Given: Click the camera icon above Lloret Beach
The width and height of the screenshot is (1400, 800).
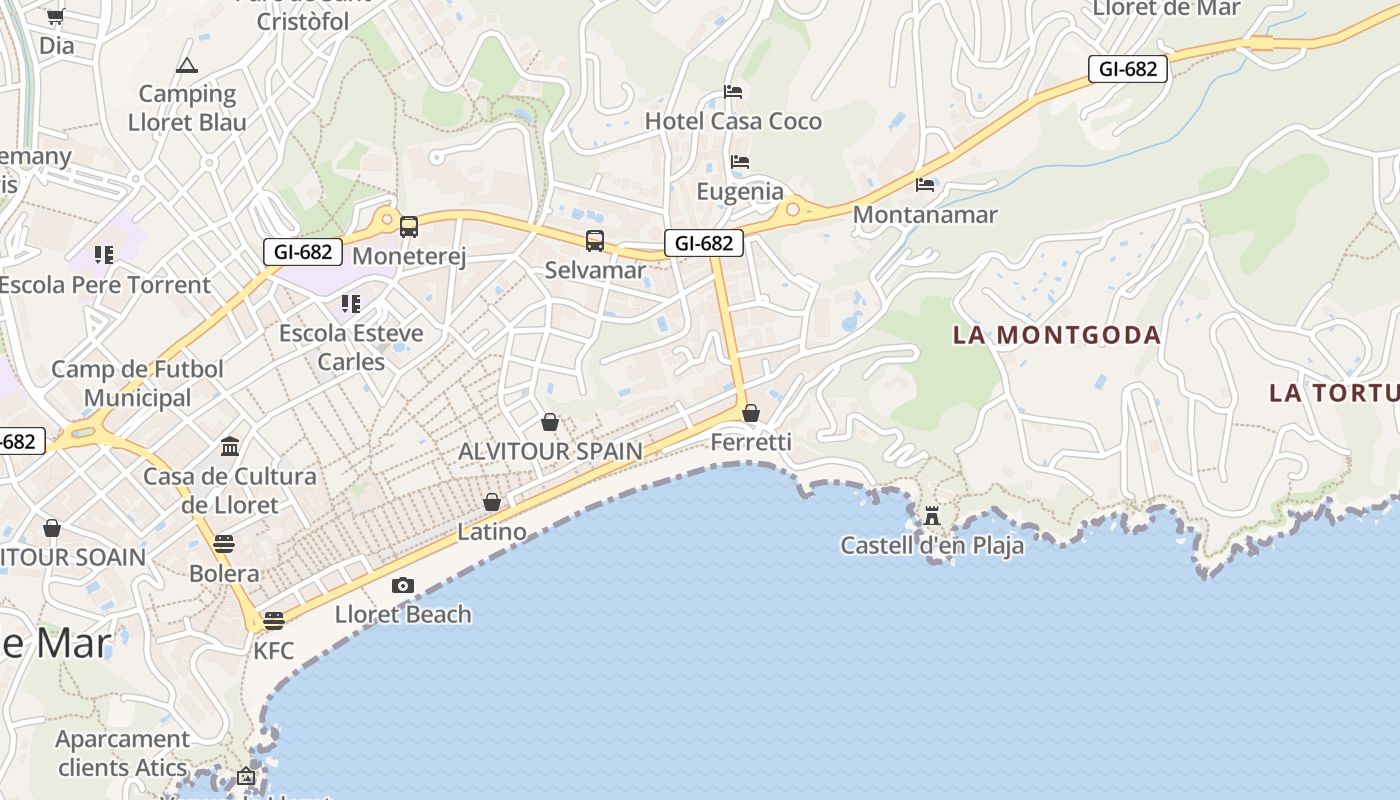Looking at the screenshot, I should [x=403, y=585].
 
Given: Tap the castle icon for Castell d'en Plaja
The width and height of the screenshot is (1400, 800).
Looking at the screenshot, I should [x=932, y=516].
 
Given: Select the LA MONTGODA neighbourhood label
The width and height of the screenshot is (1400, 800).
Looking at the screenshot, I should [x=1057, y=335].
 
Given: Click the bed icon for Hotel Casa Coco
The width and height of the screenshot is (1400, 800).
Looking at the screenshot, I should [x=733, y=92].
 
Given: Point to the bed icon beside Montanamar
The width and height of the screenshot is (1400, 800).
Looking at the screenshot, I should [x=925, y=185].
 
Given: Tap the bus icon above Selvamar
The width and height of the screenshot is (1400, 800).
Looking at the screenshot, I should [x=595, y=241].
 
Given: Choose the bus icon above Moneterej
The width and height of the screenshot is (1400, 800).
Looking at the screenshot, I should [x=409, y=227].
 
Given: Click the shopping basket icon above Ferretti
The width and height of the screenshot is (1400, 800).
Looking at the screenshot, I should [x=751, y=412].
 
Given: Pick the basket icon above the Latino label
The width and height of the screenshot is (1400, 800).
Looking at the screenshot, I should [x=492, y=502].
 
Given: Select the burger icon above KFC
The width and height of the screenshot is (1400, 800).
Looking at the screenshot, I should [x=274, y=621].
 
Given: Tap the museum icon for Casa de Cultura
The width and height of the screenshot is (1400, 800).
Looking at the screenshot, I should [x=230, y=446].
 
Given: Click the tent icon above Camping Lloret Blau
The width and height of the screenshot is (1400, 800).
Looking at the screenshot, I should [x=186, y=66].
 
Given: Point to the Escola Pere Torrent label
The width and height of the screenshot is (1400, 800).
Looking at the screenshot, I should [x=105, y=285].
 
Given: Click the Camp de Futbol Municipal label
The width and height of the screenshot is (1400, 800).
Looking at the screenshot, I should [x=137, y=383].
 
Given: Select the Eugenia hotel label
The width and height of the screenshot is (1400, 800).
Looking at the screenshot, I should [x=740, y=191].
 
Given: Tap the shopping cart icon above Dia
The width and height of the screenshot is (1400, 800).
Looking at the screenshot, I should [x=56, y=16].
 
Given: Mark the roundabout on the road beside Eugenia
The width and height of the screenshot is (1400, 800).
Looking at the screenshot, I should [x=793, y=209].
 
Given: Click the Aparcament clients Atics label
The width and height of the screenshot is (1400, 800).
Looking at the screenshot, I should [x=122, y=753].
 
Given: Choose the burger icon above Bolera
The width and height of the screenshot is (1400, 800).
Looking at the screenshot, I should [x=224, y=544].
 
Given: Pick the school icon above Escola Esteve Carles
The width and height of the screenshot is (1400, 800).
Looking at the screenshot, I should [x=350, y=303].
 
